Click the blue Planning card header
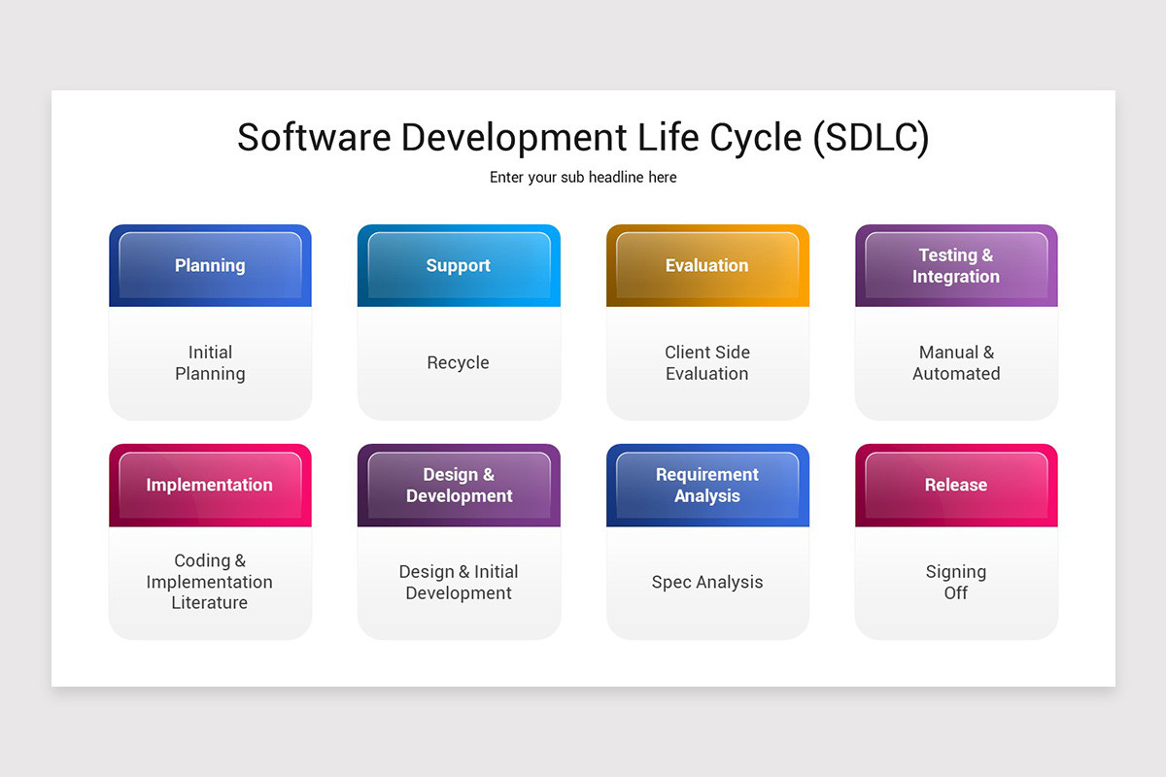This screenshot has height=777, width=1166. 210,265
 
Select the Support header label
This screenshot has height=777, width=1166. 459,265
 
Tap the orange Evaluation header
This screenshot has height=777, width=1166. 707,265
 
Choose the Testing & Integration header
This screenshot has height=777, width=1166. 956,265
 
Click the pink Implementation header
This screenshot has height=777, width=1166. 210,485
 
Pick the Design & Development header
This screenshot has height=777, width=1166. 459,485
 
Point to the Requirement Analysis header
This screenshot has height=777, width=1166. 707,485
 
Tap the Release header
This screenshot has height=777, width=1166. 956,485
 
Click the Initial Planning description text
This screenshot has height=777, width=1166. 210,363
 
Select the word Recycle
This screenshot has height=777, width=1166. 459,363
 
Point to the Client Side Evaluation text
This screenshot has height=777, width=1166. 707,363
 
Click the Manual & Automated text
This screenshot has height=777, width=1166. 956,363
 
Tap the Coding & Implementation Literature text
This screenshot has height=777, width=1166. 210,582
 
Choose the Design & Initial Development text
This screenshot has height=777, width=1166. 459,583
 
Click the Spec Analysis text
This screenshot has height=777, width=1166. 707,583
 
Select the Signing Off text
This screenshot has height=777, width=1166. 956,583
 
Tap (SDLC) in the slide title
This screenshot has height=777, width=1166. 871,138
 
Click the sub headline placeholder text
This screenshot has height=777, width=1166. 583,178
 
